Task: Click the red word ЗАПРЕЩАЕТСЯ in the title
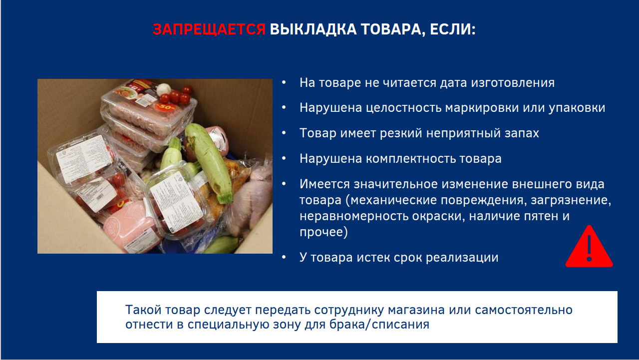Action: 209,29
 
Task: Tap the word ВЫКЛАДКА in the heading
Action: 313,29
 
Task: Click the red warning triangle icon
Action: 589,247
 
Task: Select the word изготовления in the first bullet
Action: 513,83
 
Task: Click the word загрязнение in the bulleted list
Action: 571,200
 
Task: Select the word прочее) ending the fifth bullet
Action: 323,232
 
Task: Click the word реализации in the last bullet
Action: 462,258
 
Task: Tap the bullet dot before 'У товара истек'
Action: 284,257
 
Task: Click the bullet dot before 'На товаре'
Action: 284,83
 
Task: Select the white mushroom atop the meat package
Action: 163,88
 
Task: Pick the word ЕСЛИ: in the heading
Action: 452,29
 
